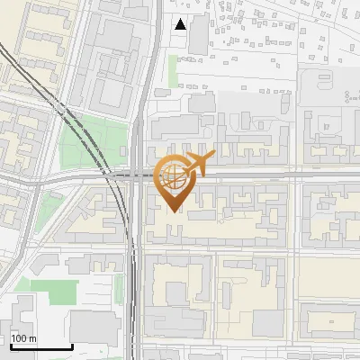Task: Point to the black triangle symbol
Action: coord(180,24)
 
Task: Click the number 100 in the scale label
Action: coord(18,338)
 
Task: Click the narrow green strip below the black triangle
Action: coord(173,72)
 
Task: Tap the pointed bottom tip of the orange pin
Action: coord(175,211)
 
